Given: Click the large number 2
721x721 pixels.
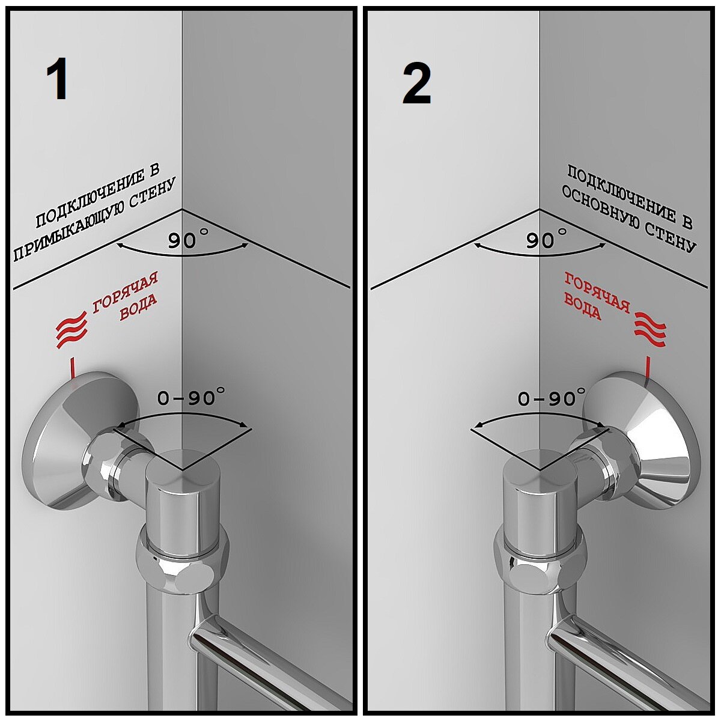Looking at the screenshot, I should tap(416, 84).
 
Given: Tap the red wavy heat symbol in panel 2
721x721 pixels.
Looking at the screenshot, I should tap(651, 329).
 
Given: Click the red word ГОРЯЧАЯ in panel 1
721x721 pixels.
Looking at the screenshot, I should tap(125, 293).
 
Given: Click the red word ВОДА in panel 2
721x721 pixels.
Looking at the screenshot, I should tap(582, 307).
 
